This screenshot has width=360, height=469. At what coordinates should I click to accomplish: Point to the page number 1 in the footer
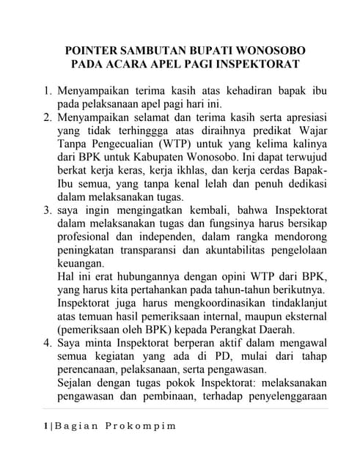pos(45,426)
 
